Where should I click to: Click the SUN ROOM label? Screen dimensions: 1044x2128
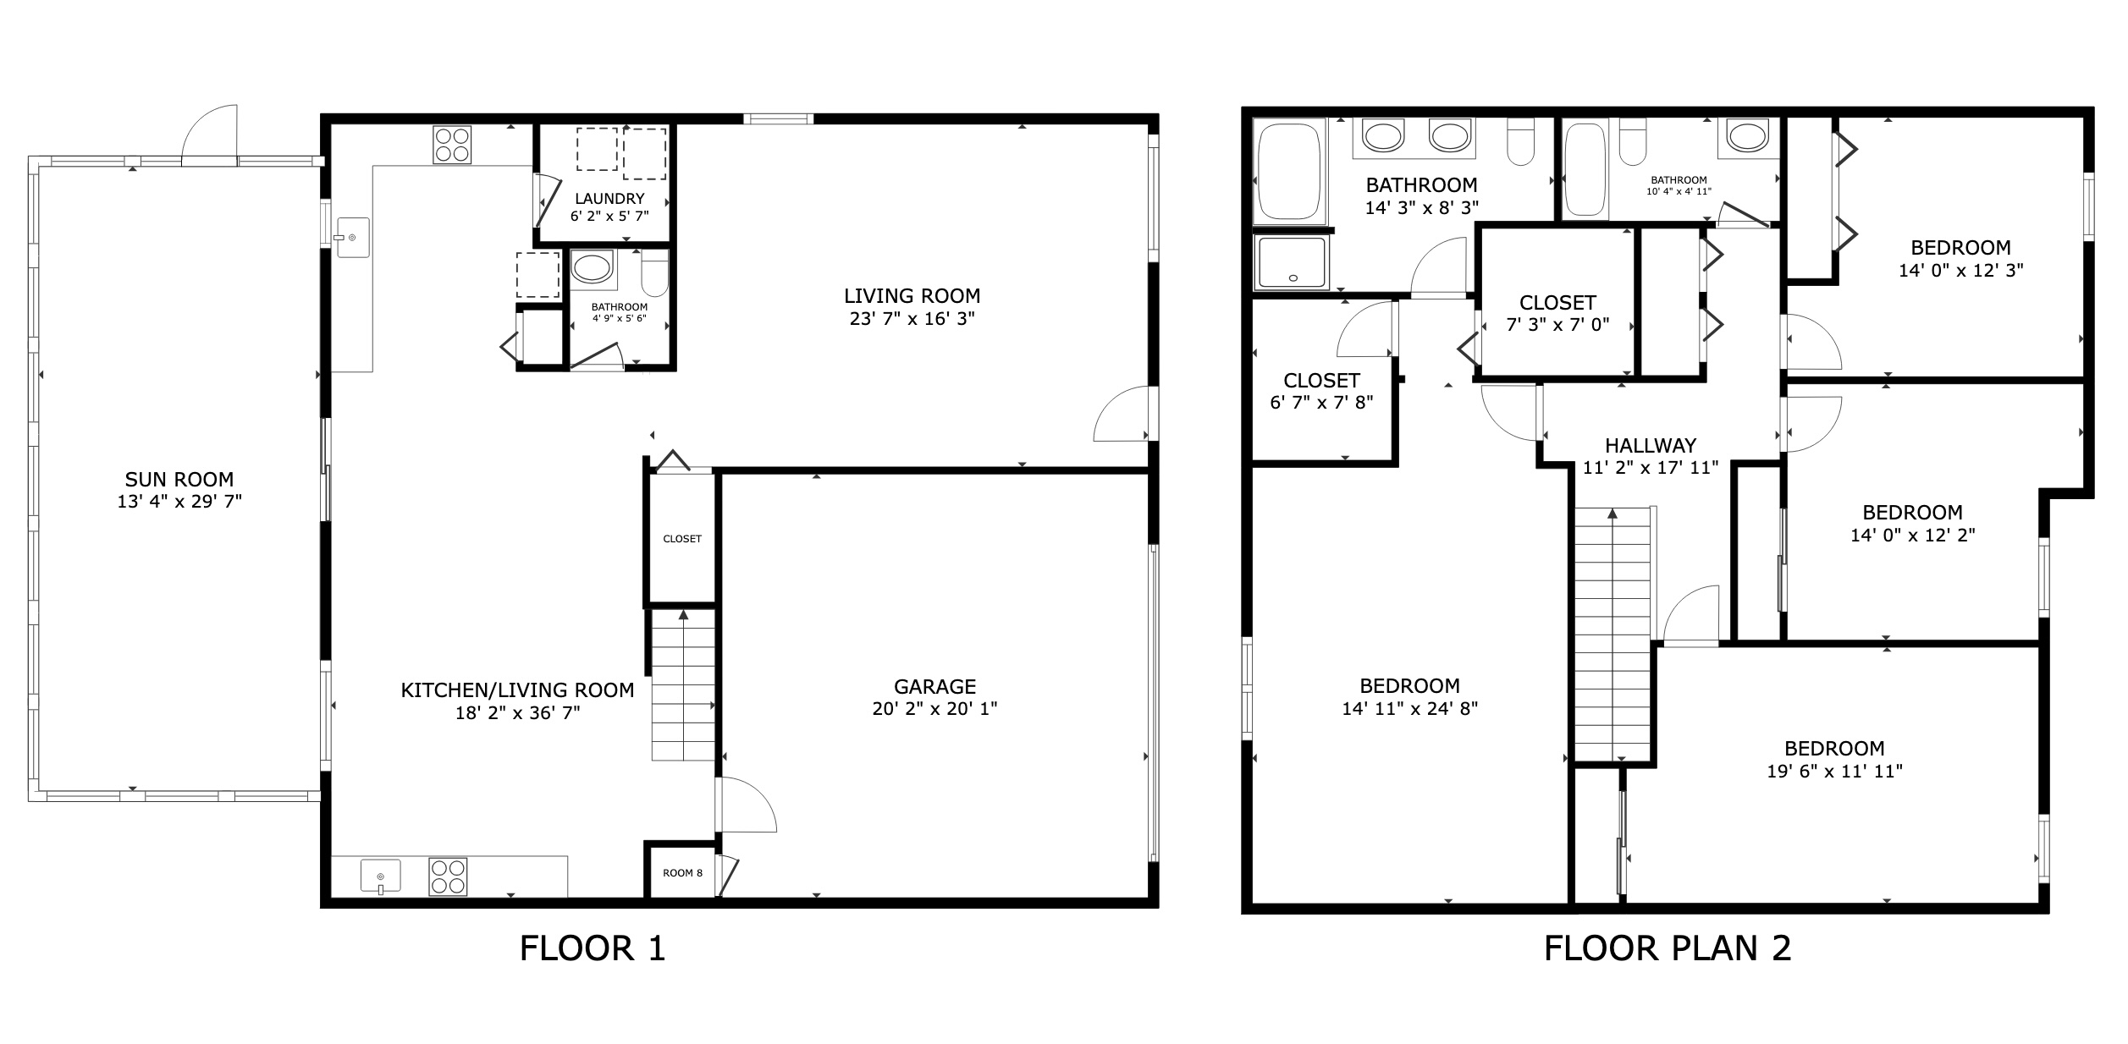179,480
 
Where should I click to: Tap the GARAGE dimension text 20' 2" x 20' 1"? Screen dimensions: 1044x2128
934,709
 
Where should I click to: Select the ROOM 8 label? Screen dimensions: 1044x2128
682,873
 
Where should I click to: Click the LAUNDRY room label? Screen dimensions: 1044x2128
609,199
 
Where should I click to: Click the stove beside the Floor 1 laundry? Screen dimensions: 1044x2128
452,145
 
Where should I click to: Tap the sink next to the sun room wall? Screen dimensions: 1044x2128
353,237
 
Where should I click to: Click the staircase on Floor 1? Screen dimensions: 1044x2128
683,685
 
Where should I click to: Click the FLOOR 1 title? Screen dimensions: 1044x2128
593,948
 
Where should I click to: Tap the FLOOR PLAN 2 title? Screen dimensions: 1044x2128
1668,948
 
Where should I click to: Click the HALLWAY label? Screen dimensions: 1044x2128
1651,445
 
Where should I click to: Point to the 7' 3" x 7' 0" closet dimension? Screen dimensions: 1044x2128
1557,324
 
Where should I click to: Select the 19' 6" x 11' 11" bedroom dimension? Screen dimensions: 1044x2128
1834,771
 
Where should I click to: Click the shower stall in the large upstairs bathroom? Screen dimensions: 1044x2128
1292,262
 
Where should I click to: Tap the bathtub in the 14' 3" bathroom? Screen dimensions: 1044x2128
1290,172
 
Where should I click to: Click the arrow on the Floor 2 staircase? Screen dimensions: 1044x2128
1613,514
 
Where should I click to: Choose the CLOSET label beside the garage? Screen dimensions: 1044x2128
682,539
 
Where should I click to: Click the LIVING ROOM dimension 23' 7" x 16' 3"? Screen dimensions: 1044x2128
912,319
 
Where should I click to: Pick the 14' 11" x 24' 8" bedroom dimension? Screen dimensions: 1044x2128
1409,709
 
